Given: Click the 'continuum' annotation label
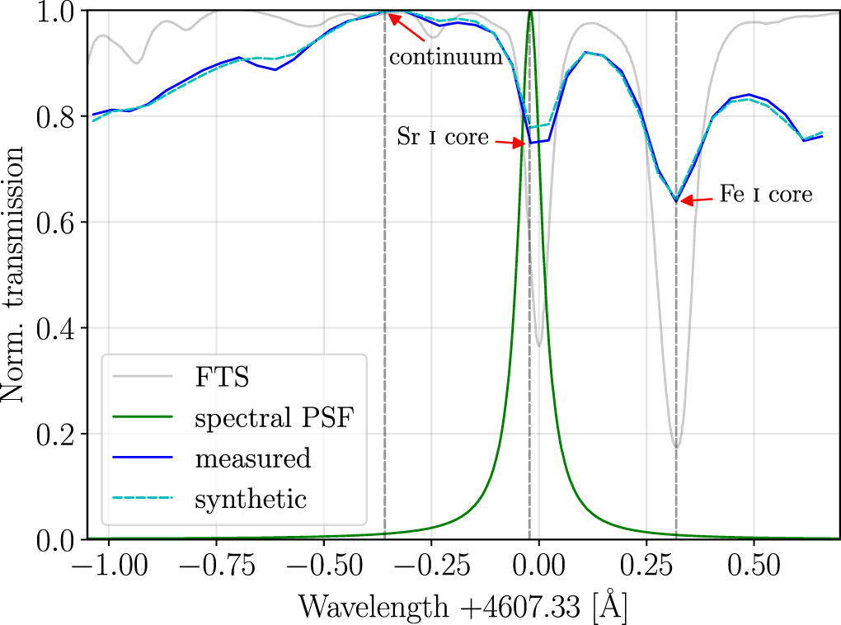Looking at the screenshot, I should [445, 58].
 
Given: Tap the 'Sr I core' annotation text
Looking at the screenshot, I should [443, 137].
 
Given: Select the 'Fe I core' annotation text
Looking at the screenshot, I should [766, 195].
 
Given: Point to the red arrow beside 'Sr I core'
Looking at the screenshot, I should [510, 143].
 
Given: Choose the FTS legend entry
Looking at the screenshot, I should [222, 378].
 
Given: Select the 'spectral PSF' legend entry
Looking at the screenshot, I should [271, 418].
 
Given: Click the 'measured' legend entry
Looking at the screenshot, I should [252, 458].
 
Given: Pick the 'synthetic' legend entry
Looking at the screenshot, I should [251, 499].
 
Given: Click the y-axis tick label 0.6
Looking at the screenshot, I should [54, 223].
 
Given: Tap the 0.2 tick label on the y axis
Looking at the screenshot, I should [54, 434].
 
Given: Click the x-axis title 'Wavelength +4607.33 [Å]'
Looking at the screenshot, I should [462, 606].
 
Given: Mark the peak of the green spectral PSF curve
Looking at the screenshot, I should [530, 12].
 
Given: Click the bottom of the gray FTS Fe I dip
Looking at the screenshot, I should [676, 447].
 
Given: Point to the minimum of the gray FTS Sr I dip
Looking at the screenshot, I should [539, 345].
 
